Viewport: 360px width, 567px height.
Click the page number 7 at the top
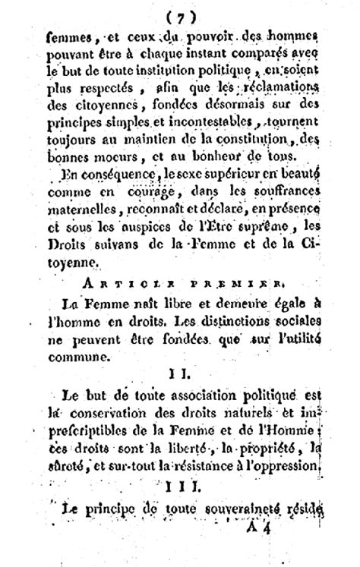(x=181, y=15)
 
